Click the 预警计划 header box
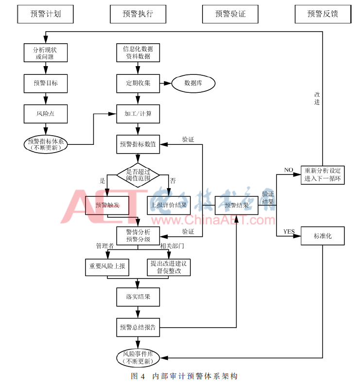46,14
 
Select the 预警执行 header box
138,14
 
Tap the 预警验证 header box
230,14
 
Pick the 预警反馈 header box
323,14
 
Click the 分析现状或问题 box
46,52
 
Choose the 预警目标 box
46,83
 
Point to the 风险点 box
46,114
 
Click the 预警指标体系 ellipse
46,144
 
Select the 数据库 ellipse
193,83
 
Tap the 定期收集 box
138,83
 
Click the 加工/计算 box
138,114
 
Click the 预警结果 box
237,205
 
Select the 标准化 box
323,236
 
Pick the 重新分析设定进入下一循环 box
323,175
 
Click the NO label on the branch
289,170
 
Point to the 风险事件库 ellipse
138,358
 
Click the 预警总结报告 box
138,327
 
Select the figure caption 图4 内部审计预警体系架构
184,376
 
